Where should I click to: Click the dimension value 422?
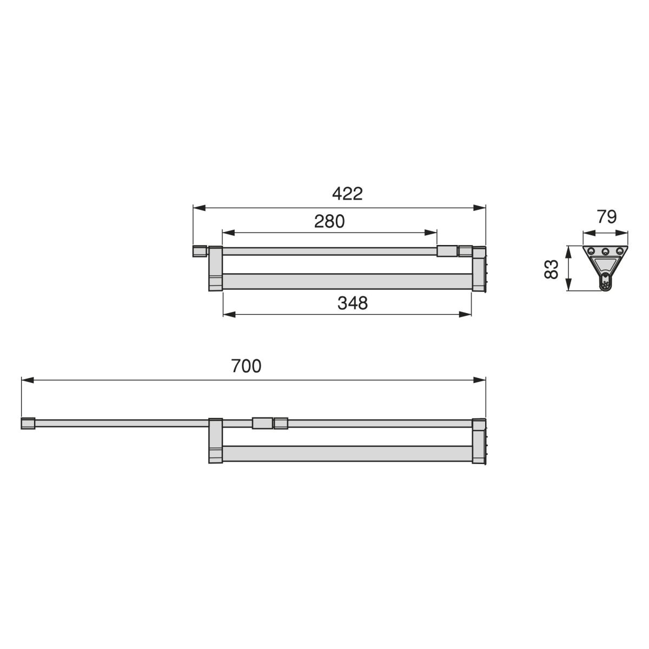pos(347,194)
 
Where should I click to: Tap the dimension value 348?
pos(352,303)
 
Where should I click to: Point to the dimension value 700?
pos(246,366)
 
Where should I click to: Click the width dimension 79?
pos(607,217)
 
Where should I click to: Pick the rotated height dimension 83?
pos(551,269)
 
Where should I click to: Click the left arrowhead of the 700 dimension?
pos(28,380)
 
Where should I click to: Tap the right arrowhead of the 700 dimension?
pos(479,380)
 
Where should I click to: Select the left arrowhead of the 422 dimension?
pos(199,208)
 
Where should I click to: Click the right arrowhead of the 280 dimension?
pos(431,233)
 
